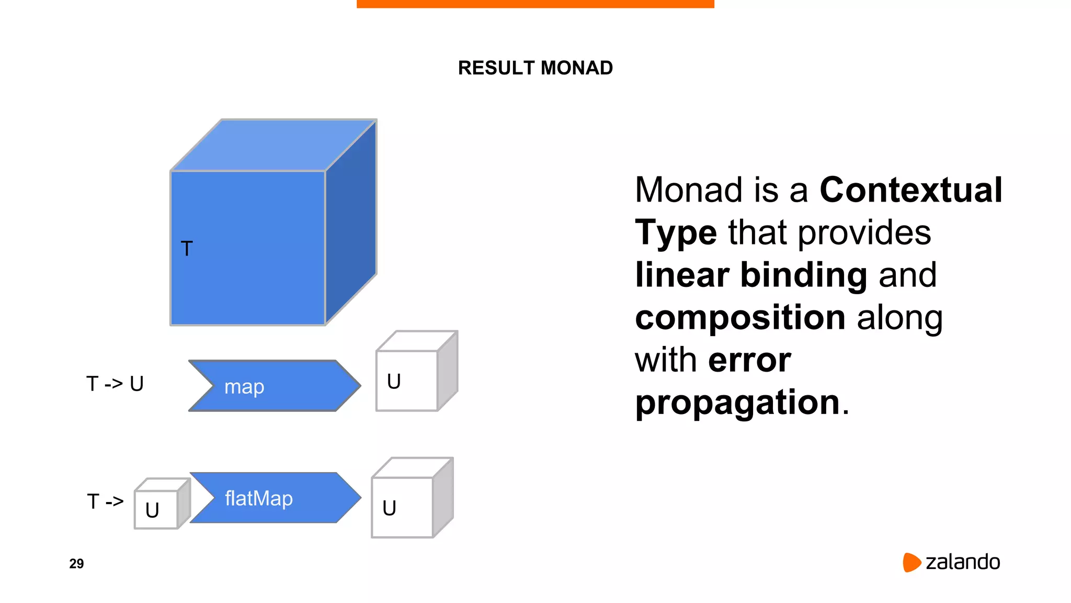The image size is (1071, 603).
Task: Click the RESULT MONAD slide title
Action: [x=535, y=68]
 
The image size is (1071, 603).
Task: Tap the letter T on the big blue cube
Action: [x=187, y=249]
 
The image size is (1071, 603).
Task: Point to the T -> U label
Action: [x=115, y=384]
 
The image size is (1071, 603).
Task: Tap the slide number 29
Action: [x=76, y=564]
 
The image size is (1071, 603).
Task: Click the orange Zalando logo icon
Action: [x=911, y=562]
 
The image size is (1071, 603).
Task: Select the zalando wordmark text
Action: [x=963, y=562]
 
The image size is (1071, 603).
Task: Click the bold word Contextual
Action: [x=910, y=189]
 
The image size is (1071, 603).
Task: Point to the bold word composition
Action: [x=740, y=317]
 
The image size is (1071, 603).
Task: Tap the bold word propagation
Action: [x=737, y=403]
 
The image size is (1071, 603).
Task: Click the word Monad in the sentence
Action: [x=688, y=189]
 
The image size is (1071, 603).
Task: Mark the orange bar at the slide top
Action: [x=535, y=4]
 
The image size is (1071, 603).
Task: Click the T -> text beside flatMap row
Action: [x=105, y=501]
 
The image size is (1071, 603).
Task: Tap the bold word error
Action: [x=749, y=360]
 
